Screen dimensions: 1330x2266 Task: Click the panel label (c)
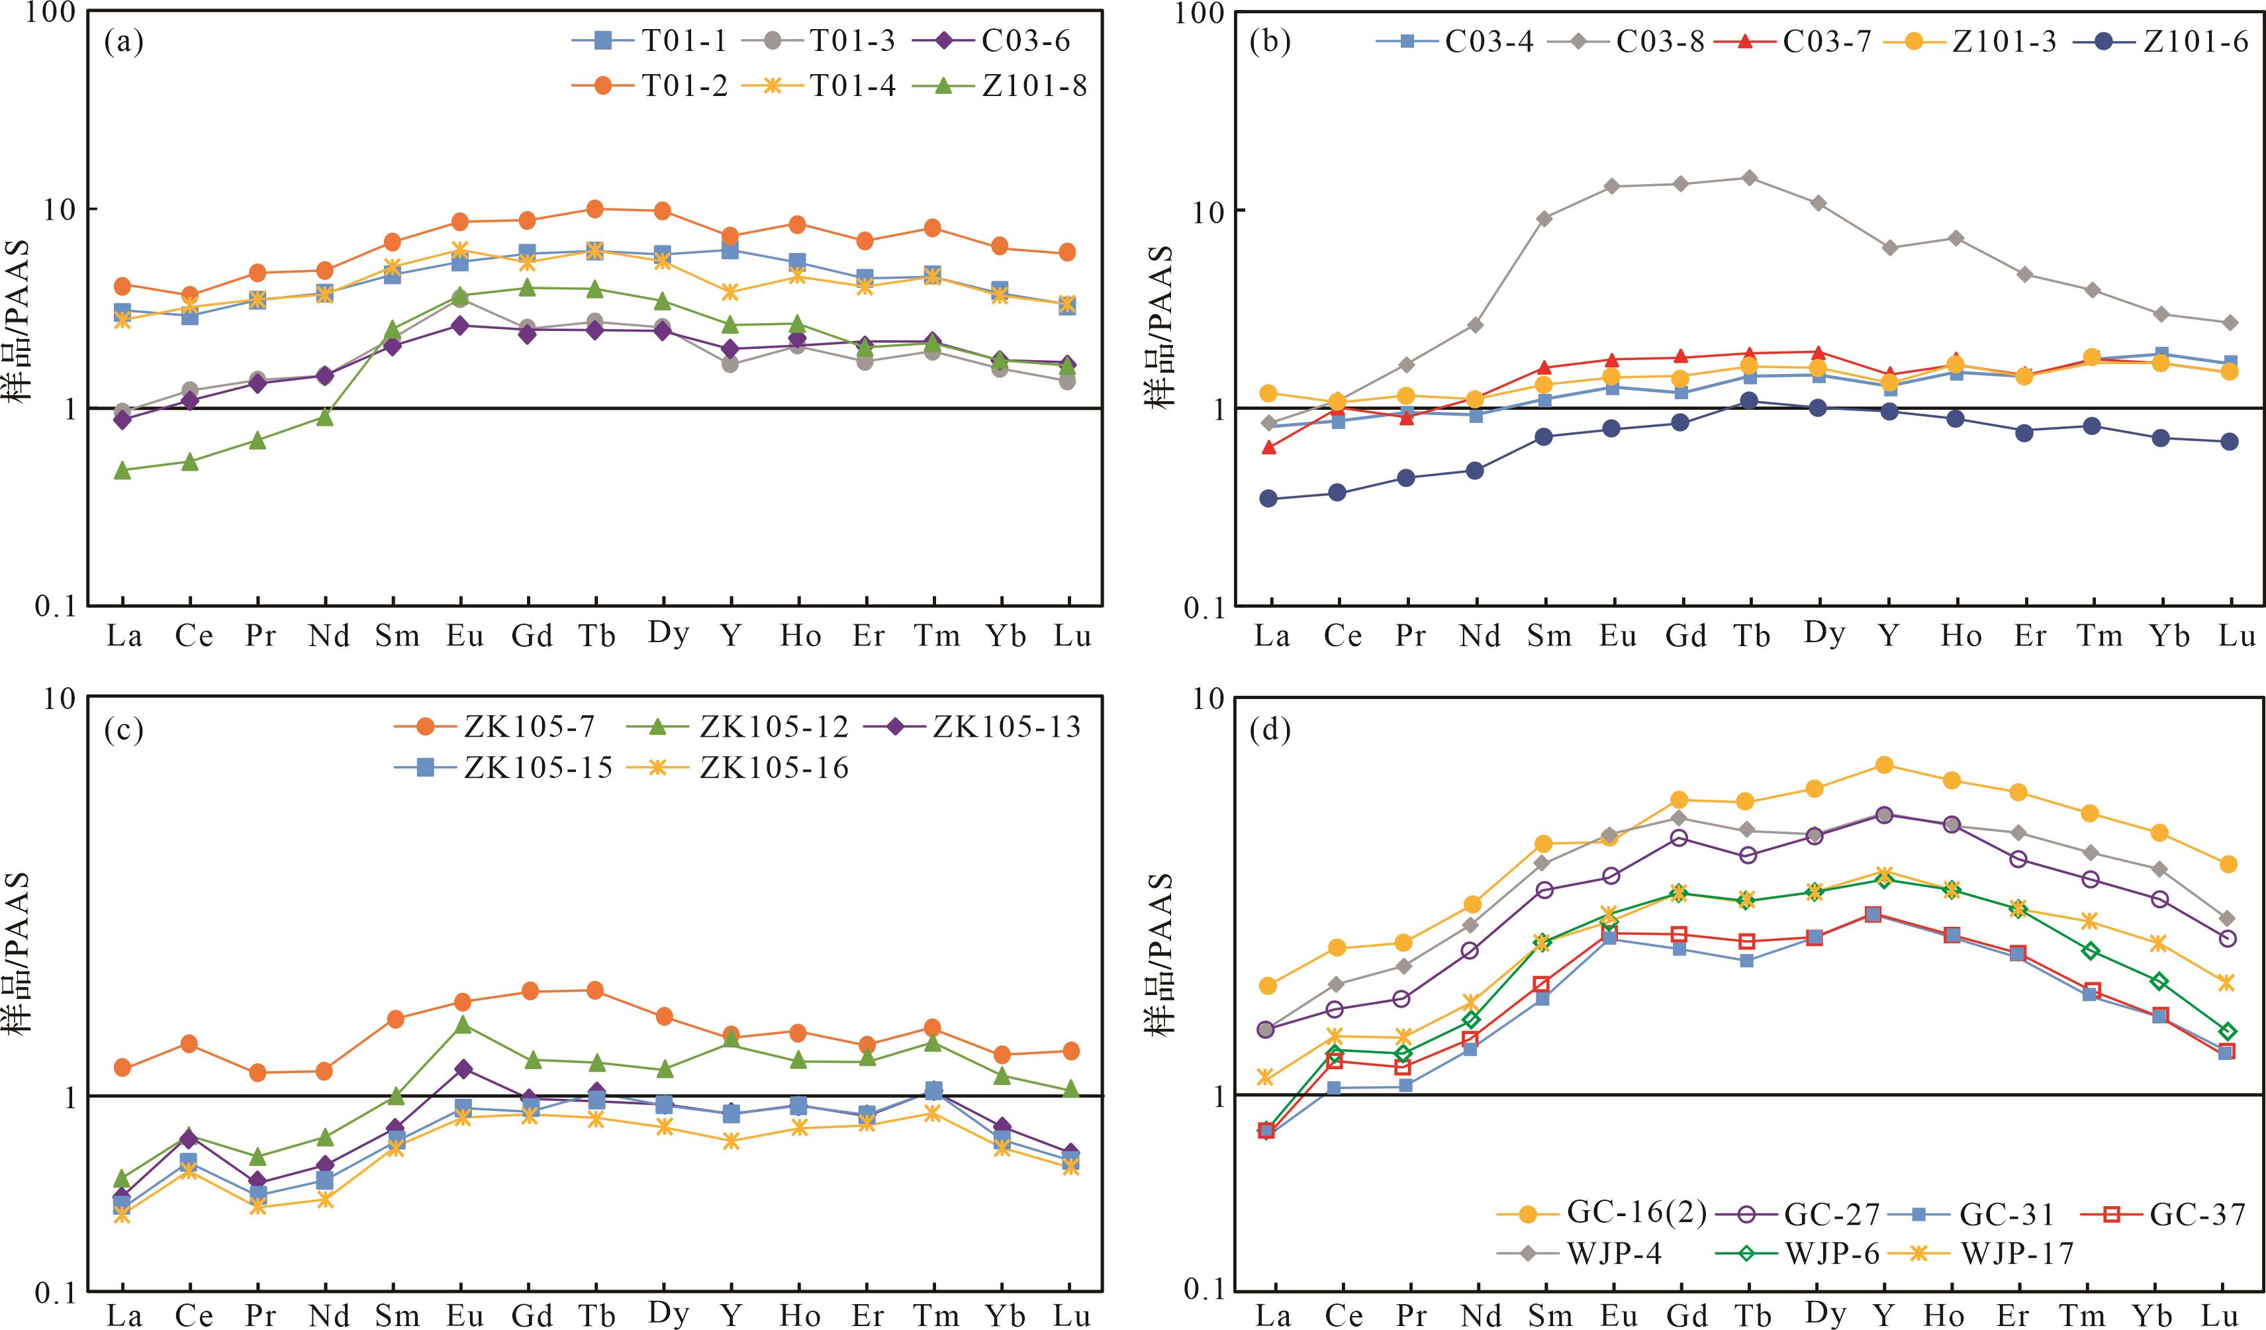point(123,730)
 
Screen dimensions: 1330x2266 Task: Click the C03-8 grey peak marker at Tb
point(1749,177)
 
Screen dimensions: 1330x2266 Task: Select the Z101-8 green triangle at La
point(123,470)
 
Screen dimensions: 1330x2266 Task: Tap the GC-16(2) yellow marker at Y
point(1884,765)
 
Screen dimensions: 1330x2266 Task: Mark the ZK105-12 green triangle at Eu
point(462,1024)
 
